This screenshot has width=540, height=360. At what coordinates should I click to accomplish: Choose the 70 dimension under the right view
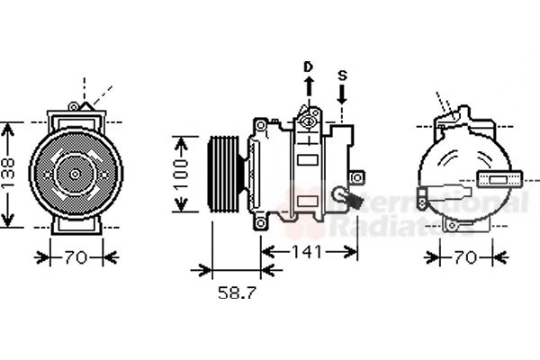point(464,258)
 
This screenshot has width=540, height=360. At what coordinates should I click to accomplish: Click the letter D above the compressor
point(307,67)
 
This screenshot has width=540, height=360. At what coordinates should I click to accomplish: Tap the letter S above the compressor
point(342,76)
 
